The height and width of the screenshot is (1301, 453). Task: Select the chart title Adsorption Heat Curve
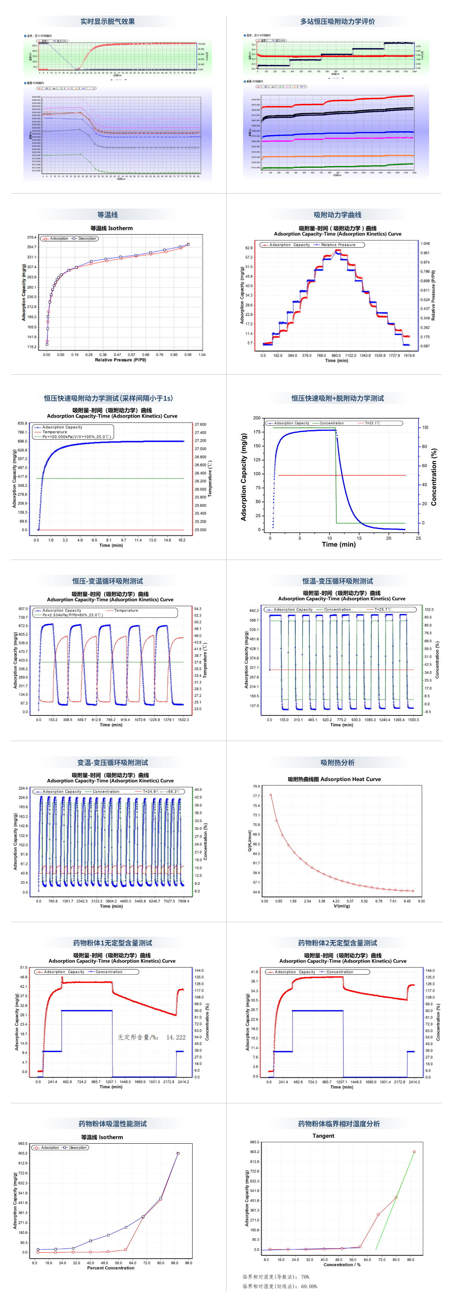[x=334, y=779]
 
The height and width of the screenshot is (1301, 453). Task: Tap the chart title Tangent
[x=323, y=1136]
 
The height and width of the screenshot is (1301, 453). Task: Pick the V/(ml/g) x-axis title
[x=341, y=906]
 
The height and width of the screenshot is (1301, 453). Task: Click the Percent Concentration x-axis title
[x=111, y=1268]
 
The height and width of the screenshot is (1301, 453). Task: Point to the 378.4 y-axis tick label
[x=31, y=237]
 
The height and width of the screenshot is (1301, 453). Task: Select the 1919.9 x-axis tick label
[x=409, y=355]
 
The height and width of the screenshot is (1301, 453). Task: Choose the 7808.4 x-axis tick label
[x=183, y=901]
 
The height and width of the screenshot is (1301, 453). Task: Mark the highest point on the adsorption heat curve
[x=271, y=795]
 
